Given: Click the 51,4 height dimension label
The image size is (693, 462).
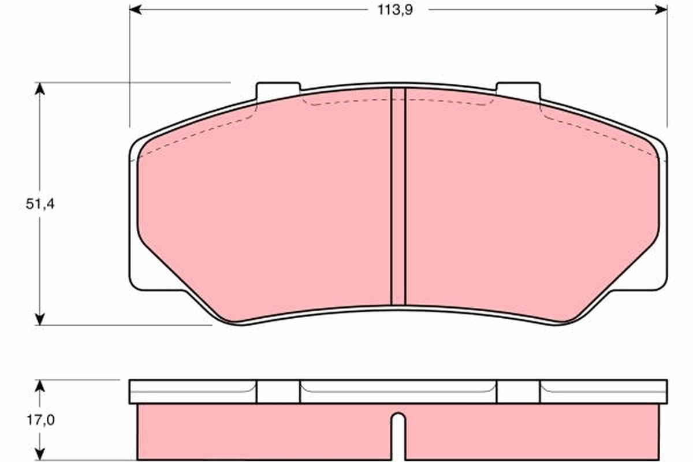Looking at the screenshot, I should pyautogui.click(x=40, y=204).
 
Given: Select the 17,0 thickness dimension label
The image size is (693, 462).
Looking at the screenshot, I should pyautogui.click(x=40, y=420).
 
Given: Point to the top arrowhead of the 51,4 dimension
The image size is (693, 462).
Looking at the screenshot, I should pyautogui.click(x=39, y=88).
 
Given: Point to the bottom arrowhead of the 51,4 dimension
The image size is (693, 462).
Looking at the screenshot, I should pyautogui.click(x=39, y=319).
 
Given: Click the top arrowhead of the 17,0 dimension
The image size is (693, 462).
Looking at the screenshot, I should pyautogui.click(x=39, y=385).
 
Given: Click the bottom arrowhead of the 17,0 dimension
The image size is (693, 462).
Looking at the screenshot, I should pyautogui.click(x=39, y=455).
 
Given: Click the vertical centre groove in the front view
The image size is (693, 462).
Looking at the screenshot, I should pyautogui.click(x=398, y=196).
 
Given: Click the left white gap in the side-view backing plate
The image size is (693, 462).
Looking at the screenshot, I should pyautogui.click(x=278, y=392).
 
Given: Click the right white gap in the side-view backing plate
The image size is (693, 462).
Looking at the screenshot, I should pyautogui.click(x=518, y=392).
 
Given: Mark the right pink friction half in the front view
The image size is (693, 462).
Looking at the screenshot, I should pyautogui.click(x=531, y=208).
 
